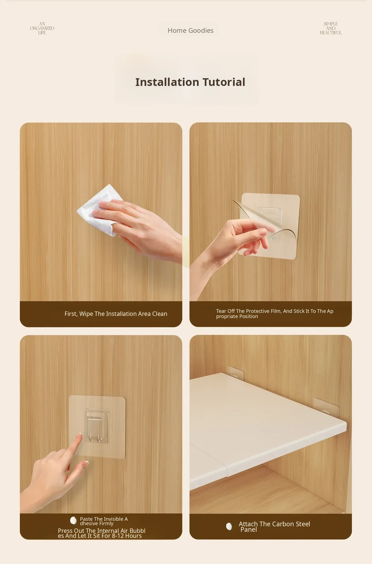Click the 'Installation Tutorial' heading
[x=190, y=82]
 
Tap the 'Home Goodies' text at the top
[x=191, y=31]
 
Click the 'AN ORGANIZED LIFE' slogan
[x=42, y=28]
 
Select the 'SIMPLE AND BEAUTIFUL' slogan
[x=331, y=28]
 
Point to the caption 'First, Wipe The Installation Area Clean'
[x=116, y=314]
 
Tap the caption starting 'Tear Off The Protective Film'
[x=275, y=314]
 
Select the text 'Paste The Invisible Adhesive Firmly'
[x=104, y=521]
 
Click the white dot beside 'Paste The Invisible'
[x=73, y=520]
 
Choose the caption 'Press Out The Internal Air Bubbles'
[x=101, y=533]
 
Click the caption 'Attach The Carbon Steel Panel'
[x=274, y=527]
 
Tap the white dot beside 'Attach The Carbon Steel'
[x=229, y=526]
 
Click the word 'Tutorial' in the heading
[x=224, y=82]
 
